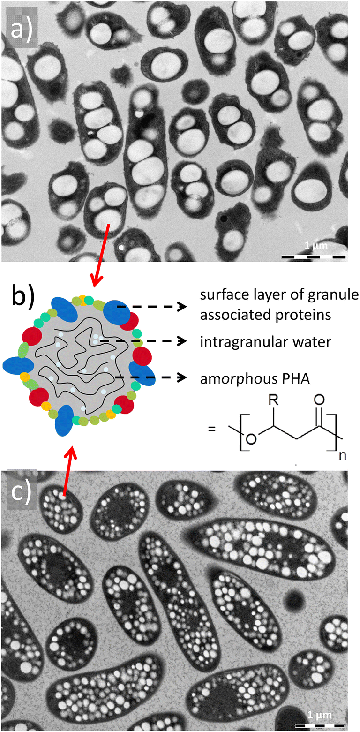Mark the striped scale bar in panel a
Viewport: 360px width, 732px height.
(313, 257)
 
